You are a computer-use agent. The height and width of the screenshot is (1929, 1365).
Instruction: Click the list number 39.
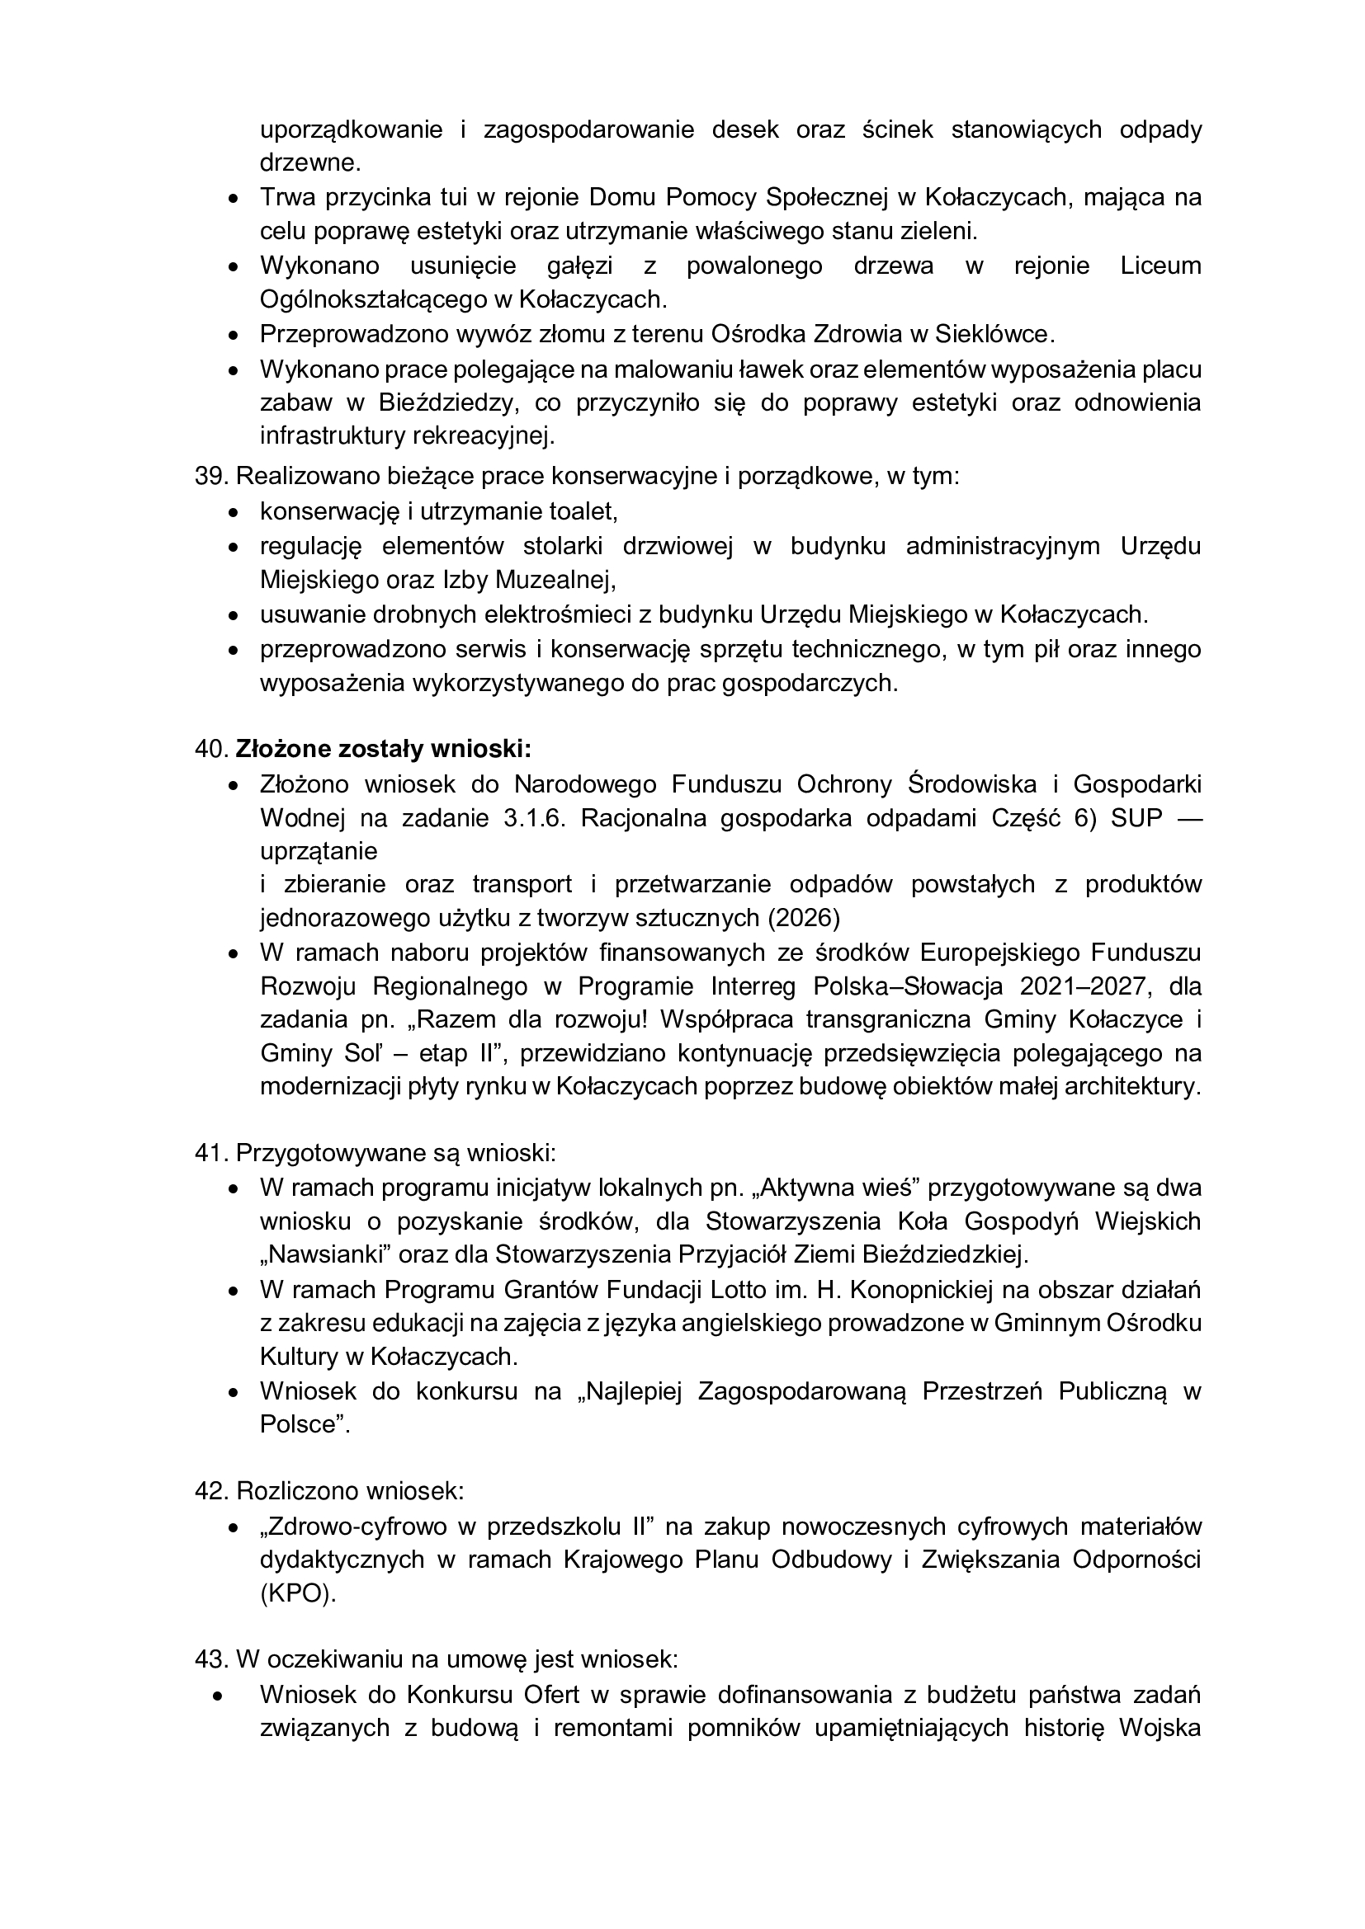point(210,477)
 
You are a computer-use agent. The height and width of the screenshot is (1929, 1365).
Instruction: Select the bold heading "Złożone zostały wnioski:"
point(383,748)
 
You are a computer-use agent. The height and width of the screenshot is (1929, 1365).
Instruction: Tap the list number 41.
point(210,1153)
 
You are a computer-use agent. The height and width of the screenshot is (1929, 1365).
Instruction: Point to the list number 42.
point(210,1491)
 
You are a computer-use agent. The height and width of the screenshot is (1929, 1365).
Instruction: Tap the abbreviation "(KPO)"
point(298,1594)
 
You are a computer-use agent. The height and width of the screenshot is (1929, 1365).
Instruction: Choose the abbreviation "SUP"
point(1137,818)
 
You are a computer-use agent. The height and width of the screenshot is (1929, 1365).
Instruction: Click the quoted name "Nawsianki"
point(326,1255)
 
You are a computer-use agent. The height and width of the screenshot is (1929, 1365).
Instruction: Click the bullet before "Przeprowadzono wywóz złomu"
point(234,335)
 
